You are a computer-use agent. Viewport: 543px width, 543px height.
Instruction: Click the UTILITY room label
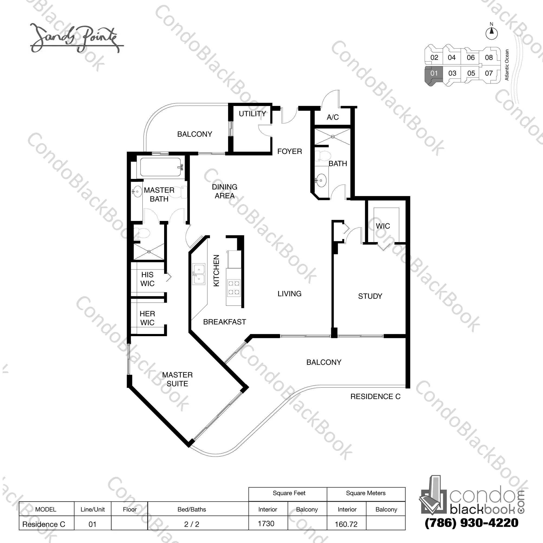(x=252, y=114)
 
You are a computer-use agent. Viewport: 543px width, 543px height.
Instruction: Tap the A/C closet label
(x=333, y=117)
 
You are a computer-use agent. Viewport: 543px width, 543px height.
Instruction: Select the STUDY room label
(x=370, y=296)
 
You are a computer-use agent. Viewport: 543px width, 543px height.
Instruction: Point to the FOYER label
(x=290, y=151)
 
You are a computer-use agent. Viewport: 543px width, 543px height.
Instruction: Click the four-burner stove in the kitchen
(x=233, y=288)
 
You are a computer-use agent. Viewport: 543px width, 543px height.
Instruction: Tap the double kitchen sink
(x=199, y=274)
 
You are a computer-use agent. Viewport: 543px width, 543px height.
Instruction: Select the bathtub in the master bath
(x=161, y=167)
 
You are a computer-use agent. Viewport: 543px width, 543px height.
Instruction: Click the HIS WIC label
(x=147, y=279)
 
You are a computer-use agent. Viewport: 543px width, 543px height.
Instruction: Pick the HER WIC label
(x=147, y=318)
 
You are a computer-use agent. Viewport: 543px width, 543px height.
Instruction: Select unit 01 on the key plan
(x=434, y=73)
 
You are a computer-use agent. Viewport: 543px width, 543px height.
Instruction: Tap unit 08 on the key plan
(x=489, y=58)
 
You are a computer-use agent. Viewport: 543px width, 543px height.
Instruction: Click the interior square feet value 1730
(x=266, y=523)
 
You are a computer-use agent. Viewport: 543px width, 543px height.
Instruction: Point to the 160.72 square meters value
(x=346, y=524)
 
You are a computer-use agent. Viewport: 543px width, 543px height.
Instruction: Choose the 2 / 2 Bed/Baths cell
(x=192, y=524)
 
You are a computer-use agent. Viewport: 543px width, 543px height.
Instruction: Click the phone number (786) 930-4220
(x=471, y=523)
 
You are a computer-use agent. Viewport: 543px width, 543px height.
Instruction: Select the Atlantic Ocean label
(x=507, y=65)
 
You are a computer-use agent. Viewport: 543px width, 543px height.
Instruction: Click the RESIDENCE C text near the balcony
(x=375, y=396)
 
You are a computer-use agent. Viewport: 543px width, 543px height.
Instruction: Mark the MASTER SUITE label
(x=177, y=379)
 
